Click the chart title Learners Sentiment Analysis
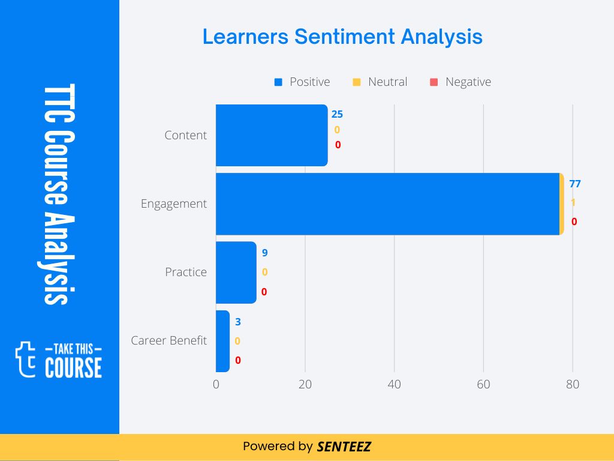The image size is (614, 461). pos(342,37)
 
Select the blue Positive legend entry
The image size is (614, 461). pos(302,82)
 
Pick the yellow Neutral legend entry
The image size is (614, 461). pos(380,82)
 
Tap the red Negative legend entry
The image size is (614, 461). pos(460,82)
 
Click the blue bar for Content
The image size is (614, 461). pos(272,135)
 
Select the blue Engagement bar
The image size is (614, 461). pos(387,204)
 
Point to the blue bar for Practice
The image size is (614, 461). pos(236,273)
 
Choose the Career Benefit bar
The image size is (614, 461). pos(222,341)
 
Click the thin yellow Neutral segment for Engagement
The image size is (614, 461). pos(562,204)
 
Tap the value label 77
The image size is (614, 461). pos(575,184)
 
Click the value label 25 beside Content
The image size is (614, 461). pos(337,114)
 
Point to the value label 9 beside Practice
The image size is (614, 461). pos(264,253)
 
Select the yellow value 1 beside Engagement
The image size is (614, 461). pos(573,203)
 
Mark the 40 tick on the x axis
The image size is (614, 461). pos(394,384)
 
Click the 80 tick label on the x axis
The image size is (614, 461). pos(573,384)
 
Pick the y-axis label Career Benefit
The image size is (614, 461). pos(168,340)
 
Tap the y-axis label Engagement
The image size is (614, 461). pos(173,203)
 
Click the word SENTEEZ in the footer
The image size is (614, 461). pos(344,447)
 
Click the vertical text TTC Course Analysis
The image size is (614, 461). pos(58,194)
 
